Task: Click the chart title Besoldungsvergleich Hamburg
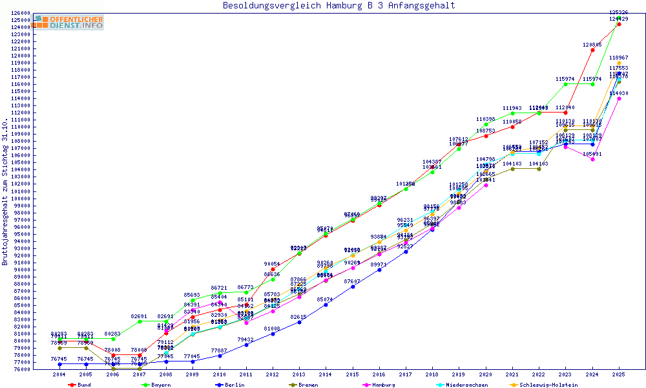pyautogui.click(x=339, y=6)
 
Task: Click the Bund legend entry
pyautogui.click(x=80, y=385)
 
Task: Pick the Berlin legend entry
pyautogui.click(x=233, y=385)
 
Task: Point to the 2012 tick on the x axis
pyautogui.click(x=273, y=374)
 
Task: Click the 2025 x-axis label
pyautogui.click(x=619, y=374)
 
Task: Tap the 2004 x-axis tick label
pyautogui.click(x=59, y=374)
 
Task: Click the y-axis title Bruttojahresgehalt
pyautogui.click(x=5, y=192)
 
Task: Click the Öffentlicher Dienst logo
pyautogui.click(x=68, y=23)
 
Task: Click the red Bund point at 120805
pyautogui.click(x=592, y=50)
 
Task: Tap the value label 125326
pyautogui.click(x=619, y=12)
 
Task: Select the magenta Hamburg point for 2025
pyautogui.click(x=619, y=98)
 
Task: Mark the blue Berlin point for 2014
pyautogui.click(x=326, y=305)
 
